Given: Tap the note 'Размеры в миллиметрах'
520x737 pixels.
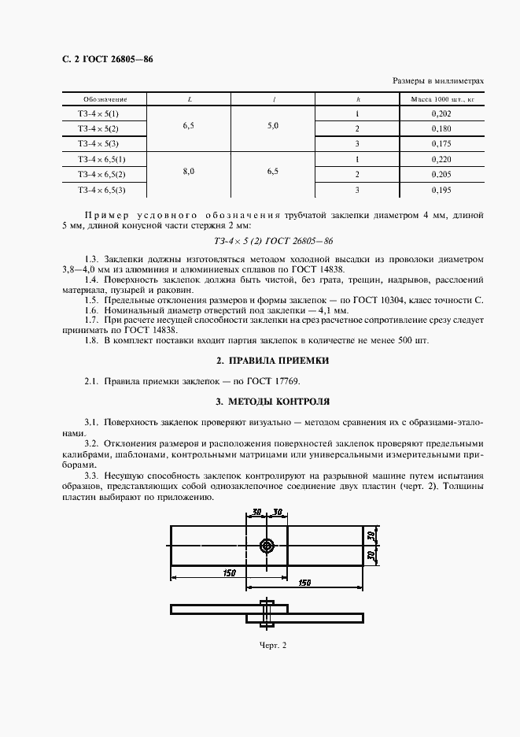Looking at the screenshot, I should point(437,81).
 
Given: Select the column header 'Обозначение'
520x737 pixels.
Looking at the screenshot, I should point(105,100).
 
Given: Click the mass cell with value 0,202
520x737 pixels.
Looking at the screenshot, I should point(442,114).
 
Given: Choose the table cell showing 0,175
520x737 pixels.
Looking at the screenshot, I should point(442,144).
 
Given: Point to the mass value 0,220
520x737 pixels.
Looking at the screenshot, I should point(442,159).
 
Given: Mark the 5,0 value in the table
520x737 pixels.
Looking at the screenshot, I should point(273,126).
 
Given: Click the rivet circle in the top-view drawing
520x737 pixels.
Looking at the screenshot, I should point(267,546).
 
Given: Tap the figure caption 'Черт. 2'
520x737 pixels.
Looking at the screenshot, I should point(273,646).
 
